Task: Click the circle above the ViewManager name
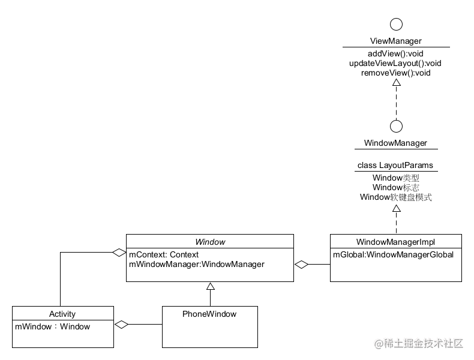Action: click(x=395, y=24)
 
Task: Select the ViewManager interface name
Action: click(x=395, y=41)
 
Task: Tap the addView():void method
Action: click(x=395, y=54)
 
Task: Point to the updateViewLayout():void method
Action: click(x=395, y=64)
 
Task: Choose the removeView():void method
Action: click(x=395, y=73)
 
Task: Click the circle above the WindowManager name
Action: click(x=395, y=126)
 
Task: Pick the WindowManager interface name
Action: click(x=395, y=143)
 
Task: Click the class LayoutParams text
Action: click(x=395, y=166)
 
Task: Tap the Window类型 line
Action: click(x=395, y=178)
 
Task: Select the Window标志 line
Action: click(x=395, y=188)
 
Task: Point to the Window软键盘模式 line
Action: click(x=395, y=197)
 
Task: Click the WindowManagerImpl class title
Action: click(x=395, y=242)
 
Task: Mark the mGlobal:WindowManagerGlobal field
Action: click(x=393, y=255)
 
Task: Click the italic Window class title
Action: click(x=210, y=242)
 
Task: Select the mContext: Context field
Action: click(x=164, y=255)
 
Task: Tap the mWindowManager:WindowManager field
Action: click(x=197, y=265)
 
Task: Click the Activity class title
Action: click(x=62, y=314)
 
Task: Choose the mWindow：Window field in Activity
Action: click(x=52, y=327)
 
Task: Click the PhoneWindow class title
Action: click(x=209, y=314)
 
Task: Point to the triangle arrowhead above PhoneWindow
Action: click(x=210, y=286)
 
